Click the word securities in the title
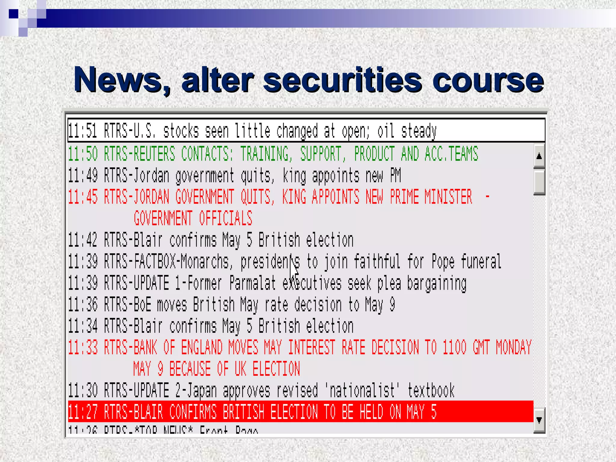343,80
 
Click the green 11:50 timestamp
83,154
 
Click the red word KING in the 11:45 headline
294,197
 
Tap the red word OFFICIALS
225,218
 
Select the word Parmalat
252,283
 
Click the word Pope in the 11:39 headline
443,262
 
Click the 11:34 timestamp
83,326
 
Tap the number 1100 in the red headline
454,347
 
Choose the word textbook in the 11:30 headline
431,391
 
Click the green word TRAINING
264,154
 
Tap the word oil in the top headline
386,131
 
